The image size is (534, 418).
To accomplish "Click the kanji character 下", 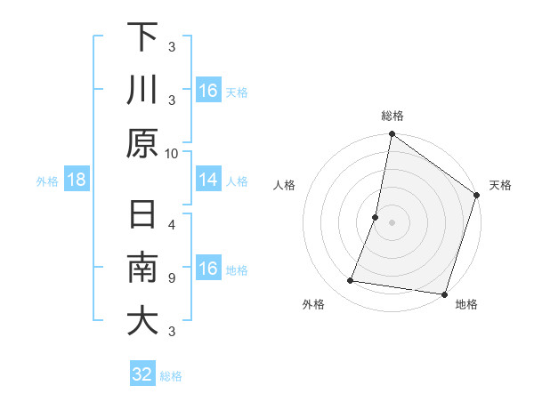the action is click(142, 37).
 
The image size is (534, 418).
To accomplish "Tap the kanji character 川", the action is click(142, 91).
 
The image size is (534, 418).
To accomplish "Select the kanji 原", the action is click(142, 143).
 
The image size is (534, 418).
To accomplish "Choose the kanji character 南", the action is click(142, 269).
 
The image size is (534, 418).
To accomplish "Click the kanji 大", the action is click(142, 321).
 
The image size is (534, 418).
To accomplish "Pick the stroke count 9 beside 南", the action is click(172, 278).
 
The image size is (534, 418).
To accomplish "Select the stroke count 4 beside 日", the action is click(172, 225).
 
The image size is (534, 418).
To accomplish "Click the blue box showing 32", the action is click(142, 374).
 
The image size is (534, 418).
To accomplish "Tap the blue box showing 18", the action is click(77, 181).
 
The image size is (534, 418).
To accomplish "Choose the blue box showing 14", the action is click(208, 181).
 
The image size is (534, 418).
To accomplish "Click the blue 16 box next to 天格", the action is click(208, 91).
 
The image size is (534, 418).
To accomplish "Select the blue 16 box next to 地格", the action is click(208, 269).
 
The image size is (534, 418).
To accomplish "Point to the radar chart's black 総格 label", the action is click(392, 116).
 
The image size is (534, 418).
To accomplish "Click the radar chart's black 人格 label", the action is click(284, 185).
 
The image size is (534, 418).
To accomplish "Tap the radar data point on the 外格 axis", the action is click(351, 281).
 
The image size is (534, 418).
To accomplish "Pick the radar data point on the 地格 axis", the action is click(443, 293).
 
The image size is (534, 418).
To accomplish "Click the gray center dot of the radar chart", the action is click(392, 222).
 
